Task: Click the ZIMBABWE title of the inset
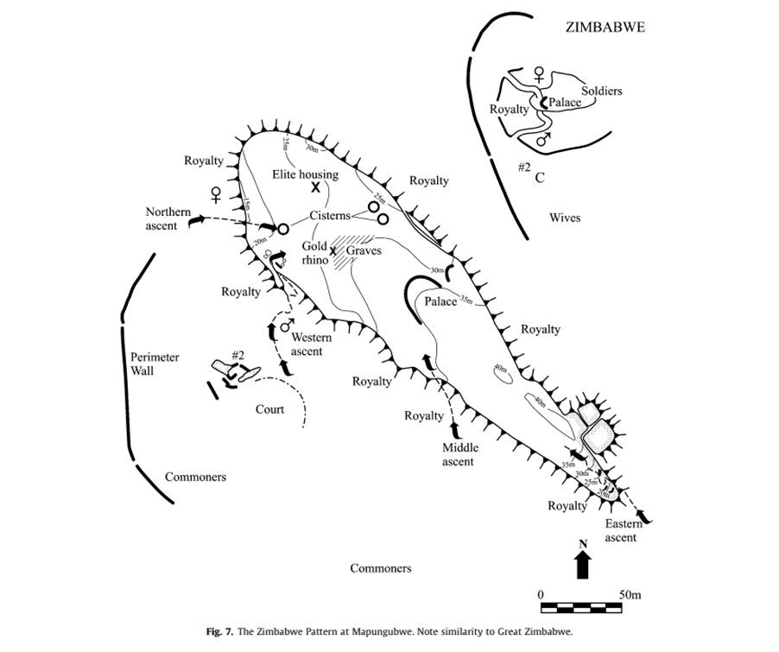[x=605, y=26]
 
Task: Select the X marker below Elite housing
[x=317, y=187]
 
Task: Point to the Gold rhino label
[x=314, y=252]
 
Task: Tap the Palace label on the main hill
[x=440, y=301]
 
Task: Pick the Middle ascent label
[x=459, y=454]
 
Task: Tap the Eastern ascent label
[x=621, y=530]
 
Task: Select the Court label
[x=269, y=408]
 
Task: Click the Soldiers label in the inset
[x=601, y=91]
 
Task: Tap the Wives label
[x=565, y=218]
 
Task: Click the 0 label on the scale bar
[x=541, y=595]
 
